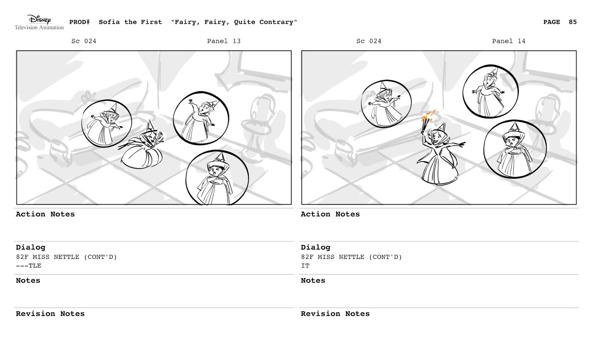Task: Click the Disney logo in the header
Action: [x=39, y=19]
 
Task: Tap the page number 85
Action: [x=573, y=22]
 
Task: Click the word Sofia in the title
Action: [x=109, y=22]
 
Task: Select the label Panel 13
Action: [x=224, y=41]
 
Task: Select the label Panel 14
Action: [x=508, y=41]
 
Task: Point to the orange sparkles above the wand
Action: [x=428, y=115]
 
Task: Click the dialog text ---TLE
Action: [x=29, y=266]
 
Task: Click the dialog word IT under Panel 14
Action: [x=305, y=266]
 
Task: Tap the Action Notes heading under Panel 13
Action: [x=45, y=214]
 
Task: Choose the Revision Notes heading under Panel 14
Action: [x=335, y=314]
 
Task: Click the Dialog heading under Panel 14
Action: [x=315, y=247]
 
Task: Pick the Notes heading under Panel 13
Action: [x=28, y=281]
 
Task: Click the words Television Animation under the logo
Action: [x=39, y=27]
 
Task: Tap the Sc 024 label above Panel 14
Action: [x=369, y=41]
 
